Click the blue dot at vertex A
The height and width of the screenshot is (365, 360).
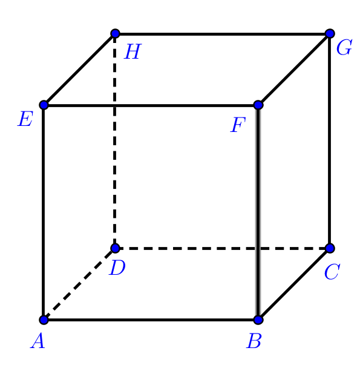(44, 320)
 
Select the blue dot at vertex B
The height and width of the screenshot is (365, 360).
(258, 320)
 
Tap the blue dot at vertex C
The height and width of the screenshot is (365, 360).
(330, 248)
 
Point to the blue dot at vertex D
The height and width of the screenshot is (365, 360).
(115, 248)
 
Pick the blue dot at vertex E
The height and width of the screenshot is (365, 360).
(44, 105)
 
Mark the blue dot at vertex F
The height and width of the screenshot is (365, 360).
(258, 105)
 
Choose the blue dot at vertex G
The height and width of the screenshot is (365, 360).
(330, 33)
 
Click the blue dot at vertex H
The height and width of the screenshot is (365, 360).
(115, 33)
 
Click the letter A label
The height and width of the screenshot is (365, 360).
(38, 340)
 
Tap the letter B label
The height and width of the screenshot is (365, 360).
(254, 341)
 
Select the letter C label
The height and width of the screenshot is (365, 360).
(332, 272)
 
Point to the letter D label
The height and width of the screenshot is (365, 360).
(117, 268)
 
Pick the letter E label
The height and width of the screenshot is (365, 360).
(25, 119)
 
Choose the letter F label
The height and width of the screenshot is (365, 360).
(238, 125)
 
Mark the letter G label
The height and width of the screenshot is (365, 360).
(344, 47)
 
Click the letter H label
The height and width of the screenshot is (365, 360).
(133, 51)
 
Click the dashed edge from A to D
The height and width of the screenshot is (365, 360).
(79, 284)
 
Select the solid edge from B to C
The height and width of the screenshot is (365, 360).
(294, 284)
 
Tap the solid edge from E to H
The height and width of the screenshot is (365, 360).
(79, 70)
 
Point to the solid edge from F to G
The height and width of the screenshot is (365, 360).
(294, 70)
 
